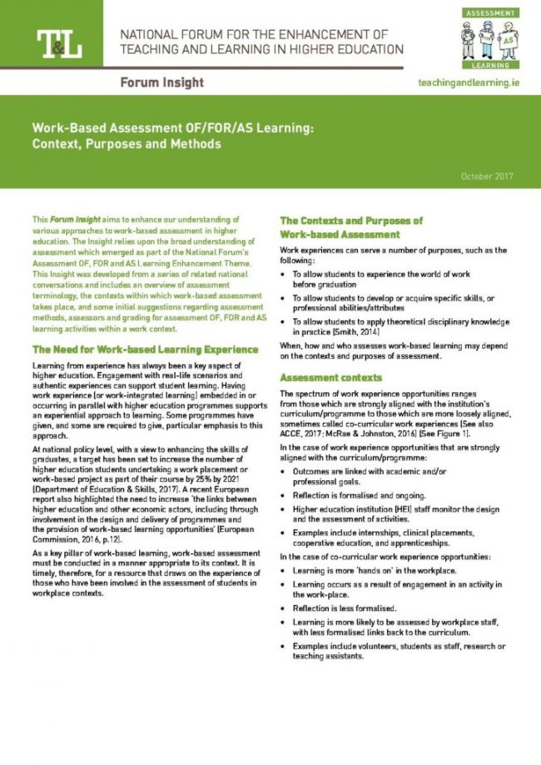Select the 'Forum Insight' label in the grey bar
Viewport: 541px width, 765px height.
coord(161,83)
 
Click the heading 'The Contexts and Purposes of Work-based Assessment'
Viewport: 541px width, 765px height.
coord(351,227)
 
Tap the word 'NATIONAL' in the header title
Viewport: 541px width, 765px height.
coord(151,35)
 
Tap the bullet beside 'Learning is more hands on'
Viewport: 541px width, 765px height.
coord(285,570)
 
